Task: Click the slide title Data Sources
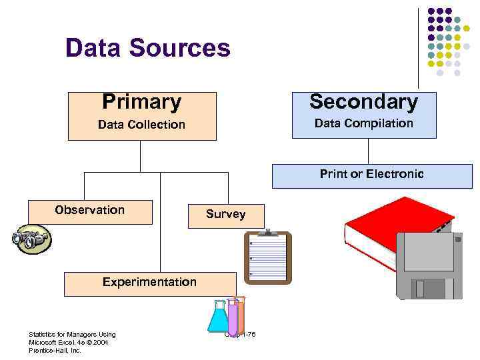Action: click(147, 48)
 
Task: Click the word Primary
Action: click(141, 102)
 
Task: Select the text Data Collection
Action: click(141, 125)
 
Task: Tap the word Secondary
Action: click(363, 102)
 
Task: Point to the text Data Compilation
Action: click(363, 123)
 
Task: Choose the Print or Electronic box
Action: click(371, 175)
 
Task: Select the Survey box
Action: click(225, 215)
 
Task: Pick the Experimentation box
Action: click(149, 283)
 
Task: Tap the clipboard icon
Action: click(267, 257)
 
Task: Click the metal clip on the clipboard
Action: click(268, 233)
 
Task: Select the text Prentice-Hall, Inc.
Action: click(55, 350)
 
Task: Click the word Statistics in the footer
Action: click(41, 334)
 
